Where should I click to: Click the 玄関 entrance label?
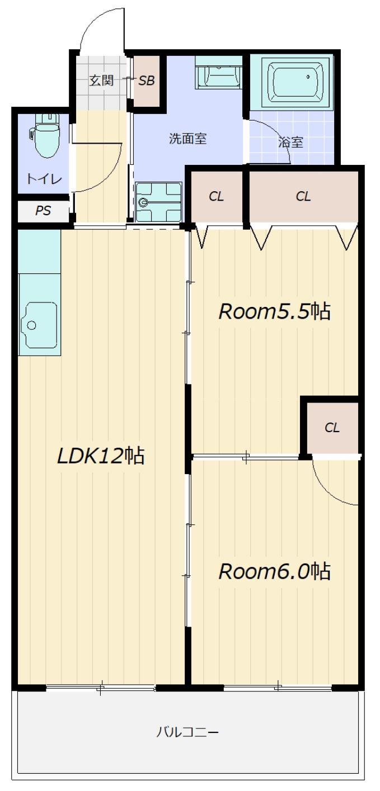pos(101,80)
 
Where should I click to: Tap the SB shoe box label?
pos(146,81)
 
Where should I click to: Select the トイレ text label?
pos(44,179)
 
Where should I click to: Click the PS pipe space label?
pos(43,211)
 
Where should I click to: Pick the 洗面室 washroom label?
pos(187,139)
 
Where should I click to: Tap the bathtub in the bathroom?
pos(295,82)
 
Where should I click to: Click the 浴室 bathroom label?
pos(290,143)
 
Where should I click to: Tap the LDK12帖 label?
pos(101,456)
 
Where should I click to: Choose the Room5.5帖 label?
pos(275,311)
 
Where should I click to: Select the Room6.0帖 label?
pos(275,571)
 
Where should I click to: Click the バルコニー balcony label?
pos(187,732)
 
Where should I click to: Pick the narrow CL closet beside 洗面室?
pos(217,196)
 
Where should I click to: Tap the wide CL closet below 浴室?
pos(303,196)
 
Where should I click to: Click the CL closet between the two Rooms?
pos(332,428)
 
